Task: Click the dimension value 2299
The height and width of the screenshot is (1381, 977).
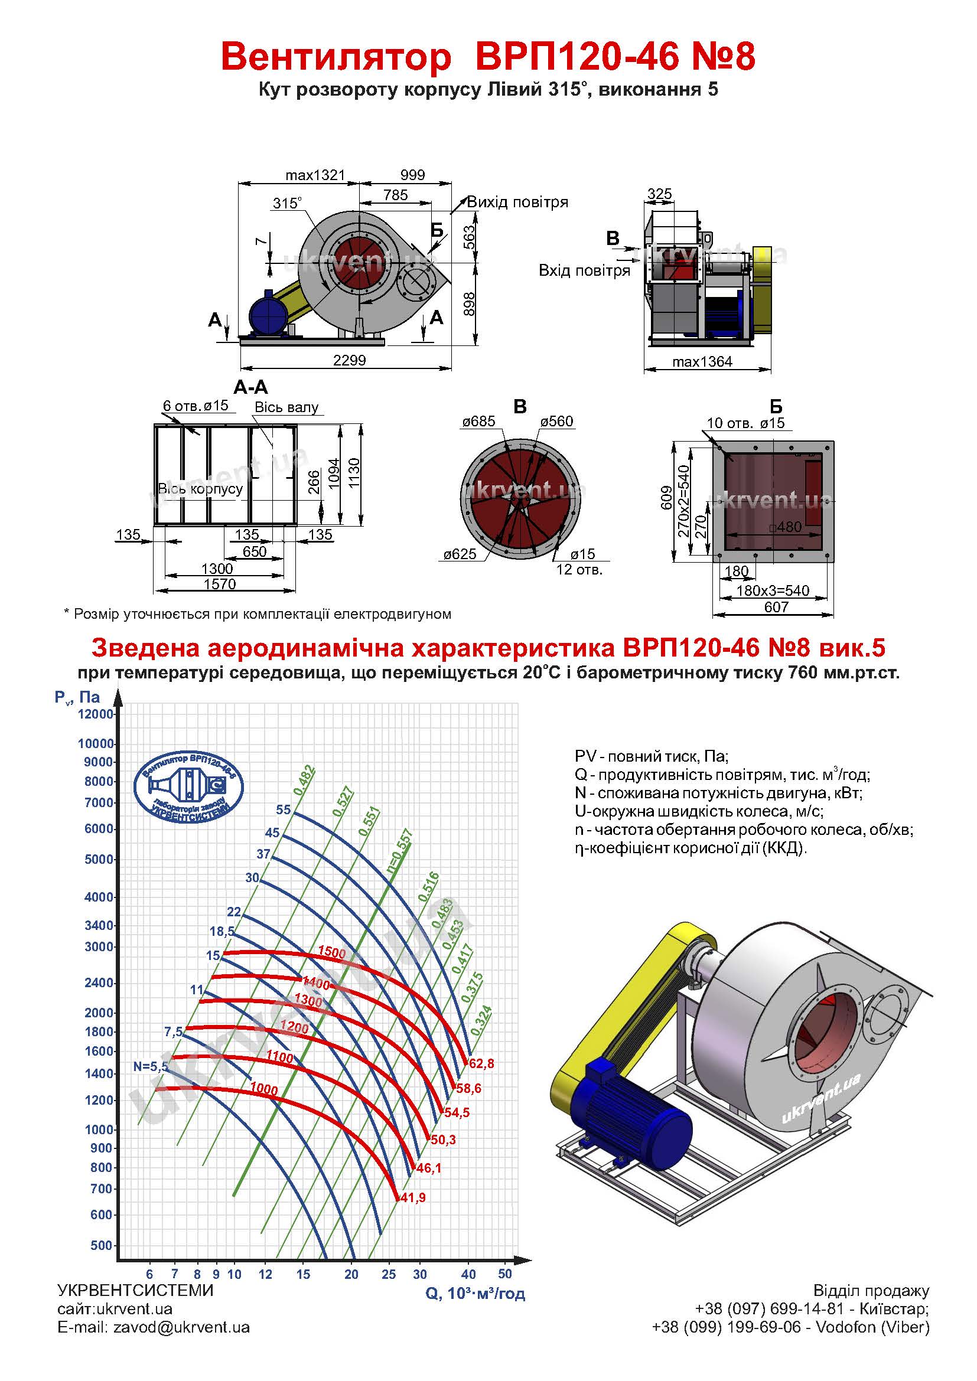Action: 350,360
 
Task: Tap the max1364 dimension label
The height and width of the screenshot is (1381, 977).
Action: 702,361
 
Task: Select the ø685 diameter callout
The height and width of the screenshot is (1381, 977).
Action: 479,421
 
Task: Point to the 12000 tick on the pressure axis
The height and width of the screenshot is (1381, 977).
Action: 96,714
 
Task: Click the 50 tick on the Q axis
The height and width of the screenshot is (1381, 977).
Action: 504,1274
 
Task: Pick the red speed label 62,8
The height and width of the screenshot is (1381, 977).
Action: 481,1063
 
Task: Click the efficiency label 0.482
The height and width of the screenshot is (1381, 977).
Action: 304,779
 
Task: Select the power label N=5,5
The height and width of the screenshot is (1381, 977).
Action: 151,1066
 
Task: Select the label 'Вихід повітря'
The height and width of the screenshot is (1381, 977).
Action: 517,202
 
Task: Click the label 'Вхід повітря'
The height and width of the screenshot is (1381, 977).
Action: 584,270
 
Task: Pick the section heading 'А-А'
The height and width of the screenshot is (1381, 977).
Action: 250,387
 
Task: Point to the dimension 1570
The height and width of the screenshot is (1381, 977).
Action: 220,583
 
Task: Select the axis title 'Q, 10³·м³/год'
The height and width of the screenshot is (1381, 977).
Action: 476,1292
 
